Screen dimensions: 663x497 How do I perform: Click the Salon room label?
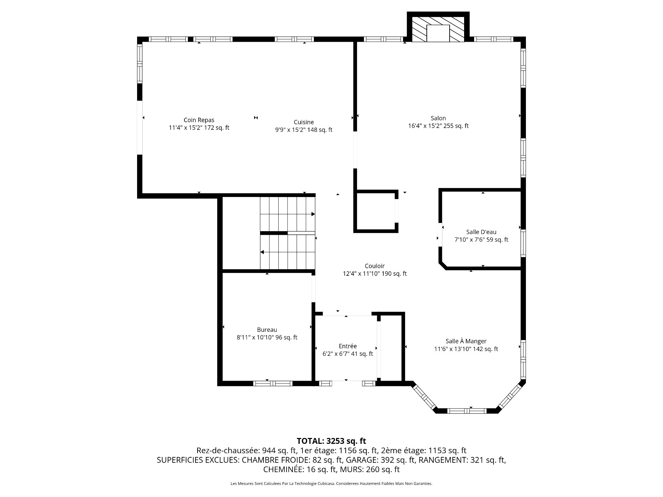click(438, 118)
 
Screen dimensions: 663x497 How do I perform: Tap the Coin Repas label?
click(199, 120)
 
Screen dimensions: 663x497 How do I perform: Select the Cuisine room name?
click(304, 122)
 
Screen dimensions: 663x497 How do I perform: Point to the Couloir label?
click(375, 266)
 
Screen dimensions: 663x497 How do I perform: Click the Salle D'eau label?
click(481, 232)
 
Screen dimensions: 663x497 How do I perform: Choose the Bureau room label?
click(267, 330)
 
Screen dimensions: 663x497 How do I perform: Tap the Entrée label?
click(348, 346)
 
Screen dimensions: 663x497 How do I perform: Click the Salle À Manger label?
click(466, 341)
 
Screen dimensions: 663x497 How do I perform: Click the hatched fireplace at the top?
click(438, 29)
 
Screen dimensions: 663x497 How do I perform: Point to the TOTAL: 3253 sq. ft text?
click(331, 441)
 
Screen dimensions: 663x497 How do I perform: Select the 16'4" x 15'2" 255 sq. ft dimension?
click(438, 126)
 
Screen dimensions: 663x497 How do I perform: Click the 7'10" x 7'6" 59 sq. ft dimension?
click(481, 240)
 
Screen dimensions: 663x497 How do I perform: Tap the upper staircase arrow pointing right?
click(287, 214)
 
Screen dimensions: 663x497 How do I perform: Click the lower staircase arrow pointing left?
click(288, 252)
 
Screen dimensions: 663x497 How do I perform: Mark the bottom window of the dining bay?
click(467, 411)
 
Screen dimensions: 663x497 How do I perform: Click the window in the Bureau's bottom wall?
click(273, 383)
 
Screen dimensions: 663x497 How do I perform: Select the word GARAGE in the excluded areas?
click(362, 460)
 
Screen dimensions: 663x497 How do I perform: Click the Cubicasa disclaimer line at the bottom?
click(331, 484)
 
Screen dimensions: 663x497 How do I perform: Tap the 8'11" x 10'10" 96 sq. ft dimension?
click(267, 338)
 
